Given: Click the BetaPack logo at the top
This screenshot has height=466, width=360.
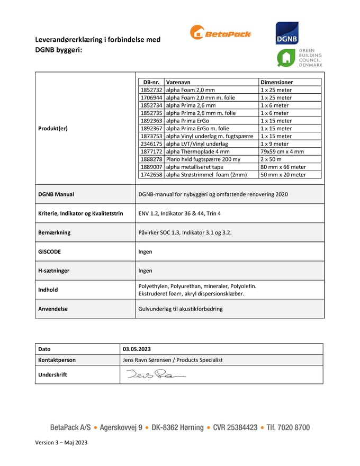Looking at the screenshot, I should pos(220,33).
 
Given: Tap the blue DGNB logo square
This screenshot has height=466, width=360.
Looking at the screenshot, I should pos(287,33).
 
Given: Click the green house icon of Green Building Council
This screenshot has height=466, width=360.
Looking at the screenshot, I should pos(286,58).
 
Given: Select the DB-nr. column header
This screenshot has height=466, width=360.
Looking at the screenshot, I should pos(151,82).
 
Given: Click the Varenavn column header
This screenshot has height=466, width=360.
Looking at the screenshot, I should pos(178,82).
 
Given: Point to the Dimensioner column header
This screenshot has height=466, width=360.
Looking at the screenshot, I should pos(276,82).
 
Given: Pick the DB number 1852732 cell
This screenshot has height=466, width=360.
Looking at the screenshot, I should pos(151,90).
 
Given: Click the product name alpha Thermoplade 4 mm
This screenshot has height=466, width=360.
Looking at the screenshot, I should pos(197,151).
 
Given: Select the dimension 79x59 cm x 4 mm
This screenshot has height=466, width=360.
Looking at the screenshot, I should pos(282,151).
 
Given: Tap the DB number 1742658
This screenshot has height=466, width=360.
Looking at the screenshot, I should pos(151,174).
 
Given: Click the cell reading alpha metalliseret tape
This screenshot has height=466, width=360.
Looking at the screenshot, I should pos(195,167).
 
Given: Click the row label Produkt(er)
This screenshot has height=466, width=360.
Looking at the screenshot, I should pos(53,128).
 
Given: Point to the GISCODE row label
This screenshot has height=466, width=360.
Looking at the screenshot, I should pos(50,252).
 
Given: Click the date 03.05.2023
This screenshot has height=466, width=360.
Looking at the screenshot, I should pos(137,349).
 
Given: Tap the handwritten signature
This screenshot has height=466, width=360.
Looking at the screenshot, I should pos(156,375).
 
